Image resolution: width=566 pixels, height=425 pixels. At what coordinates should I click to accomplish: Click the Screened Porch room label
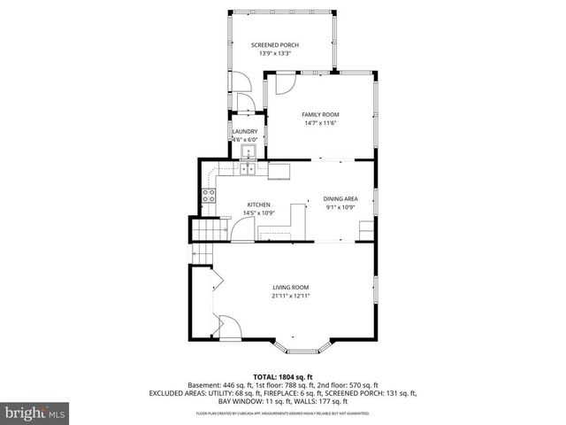click(275, 44)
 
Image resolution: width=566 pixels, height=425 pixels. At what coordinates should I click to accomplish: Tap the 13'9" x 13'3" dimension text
click(275, 53)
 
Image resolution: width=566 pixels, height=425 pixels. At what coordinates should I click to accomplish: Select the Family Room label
click(320, 114)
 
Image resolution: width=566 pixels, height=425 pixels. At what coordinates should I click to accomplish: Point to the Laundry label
click(244, 132)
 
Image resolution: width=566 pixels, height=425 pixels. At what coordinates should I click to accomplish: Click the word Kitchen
click(257, 205)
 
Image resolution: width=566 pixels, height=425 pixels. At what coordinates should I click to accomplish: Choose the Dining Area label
click(340, 200)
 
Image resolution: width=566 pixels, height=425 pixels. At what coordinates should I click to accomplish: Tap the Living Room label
click(290, 287)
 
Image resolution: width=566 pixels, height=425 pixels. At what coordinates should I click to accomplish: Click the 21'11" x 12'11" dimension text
click(290, 296)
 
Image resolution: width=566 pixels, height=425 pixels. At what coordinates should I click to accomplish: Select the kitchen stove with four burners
click(210, 197)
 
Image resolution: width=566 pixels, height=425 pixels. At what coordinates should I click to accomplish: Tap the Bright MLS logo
click(35, 413)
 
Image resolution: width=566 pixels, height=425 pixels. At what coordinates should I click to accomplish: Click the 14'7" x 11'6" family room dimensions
click(320, 123)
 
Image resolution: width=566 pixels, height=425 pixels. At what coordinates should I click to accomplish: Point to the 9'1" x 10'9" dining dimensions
click(340, 209)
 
